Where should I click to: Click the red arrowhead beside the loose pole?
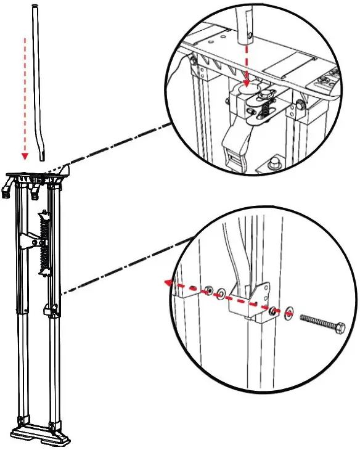[x=24, y=156]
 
